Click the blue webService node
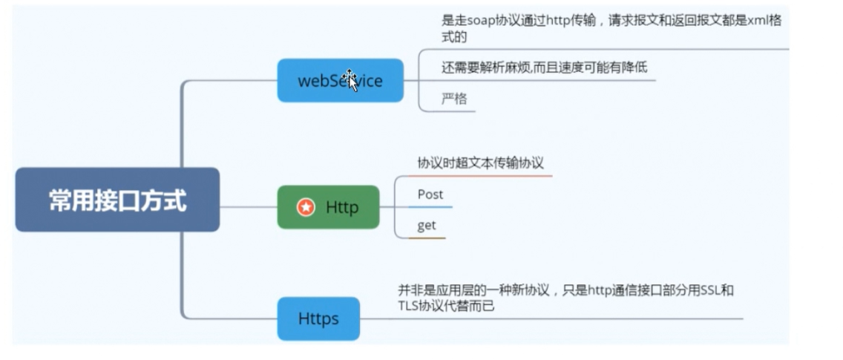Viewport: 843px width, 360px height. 340,80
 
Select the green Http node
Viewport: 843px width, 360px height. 328,207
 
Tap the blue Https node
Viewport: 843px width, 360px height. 318,318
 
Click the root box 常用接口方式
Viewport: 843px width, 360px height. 117,200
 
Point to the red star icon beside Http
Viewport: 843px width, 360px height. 306,208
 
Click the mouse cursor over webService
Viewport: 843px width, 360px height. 350,79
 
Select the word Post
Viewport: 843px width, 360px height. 430,194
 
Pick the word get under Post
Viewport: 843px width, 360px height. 427,226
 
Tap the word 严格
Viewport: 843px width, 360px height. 454,98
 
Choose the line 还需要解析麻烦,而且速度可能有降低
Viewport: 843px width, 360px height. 544,68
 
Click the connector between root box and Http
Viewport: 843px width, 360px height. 248,207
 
